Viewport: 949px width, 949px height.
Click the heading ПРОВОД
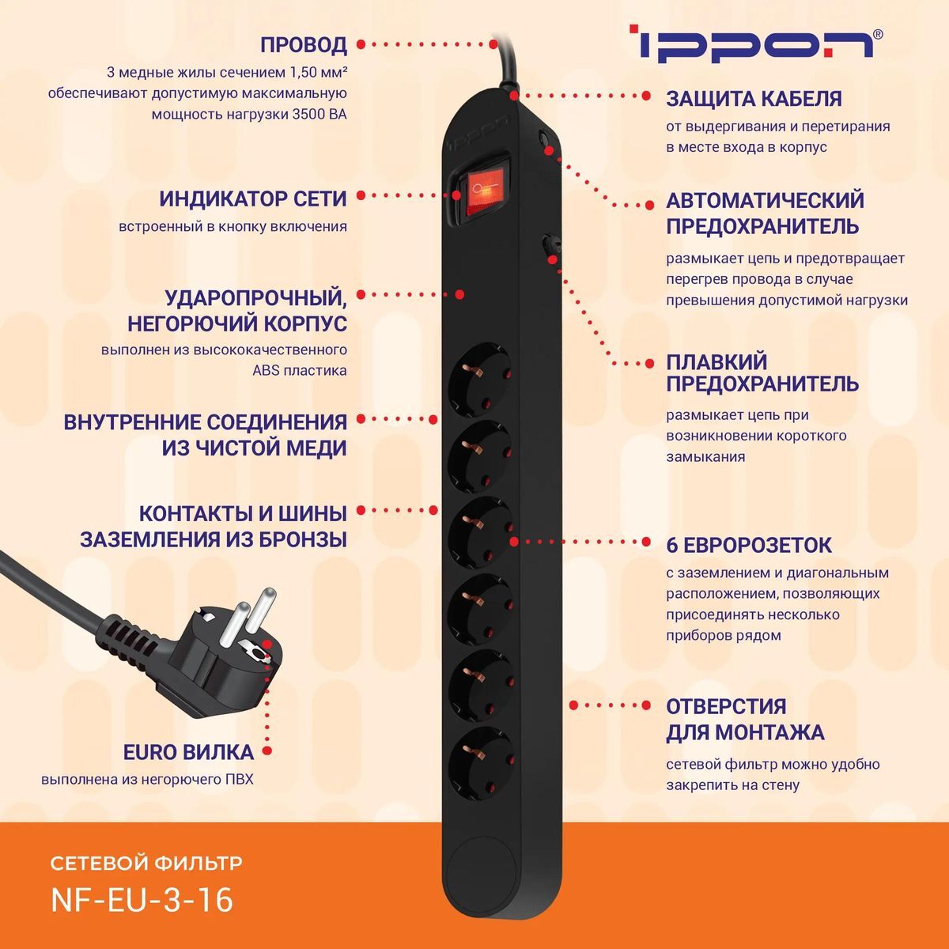[x=304, y=45]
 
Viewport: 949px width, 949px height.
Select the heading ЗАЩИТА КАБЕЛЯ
[x=754, y=99]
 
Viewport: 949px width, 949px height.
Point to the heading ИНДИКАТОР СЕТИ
[x=253, y=198]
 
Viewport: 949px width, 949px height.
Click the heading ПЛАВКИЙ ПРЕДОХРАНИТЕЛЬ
[x=762, y=372]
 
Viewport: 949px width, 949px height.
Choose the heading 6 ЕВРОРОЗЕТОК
[x=748, y=545]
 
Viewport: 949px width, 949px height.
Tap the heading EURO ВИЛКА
[x=188, y=752]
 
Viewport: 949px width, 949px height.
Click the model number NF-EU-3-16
[x=142, y=900]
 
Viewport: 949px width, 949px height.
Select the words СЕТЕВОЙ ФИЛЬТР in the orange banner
[x=146, y=862]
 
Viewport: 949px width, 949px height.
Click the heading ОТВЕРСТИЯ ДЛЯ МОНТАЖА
[x=744, y=719]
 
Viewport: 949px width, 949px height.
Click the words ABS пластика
[x=300, y=370]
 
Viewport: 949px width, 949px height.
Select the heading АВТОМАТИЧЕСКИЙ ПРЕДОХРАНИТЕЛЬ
[x=764, y=213]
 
